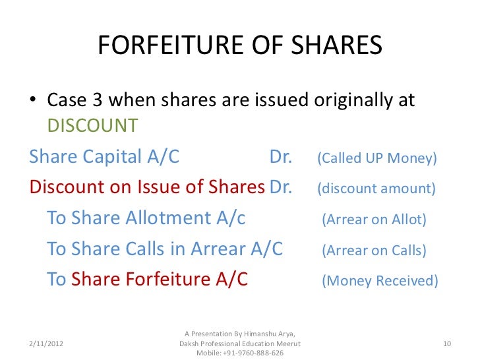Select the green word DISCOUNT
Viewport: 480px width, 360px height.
point(92,125)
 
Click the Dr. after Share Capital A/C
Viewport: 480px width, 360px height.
point(281,158)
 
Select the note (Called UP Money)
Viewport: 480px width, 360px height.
point(377,159)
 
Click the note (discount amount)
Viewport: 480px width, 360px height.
point(376,189)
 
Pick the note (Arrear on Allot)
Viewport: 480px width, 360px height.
point(374,220)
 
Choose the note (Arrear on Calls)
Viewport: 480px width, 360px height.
point(374,250)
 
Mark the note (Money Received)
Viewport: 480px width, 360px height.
point(379,280)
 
